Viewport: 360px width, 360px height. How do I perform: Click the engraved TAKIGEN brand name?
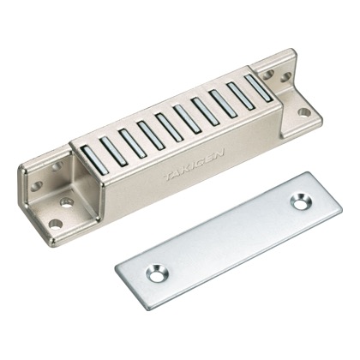click(194, 165)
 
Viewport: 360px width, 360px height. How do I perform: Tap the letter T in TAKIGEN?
click(169, 177)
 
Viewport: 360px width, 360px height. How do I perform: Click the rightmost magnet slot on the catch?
click(259, 87)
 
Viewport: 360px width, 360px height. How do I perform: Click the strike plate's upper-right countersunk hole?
click(300, 202)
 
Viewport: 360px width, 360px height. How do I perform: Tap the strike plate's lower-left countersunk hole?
click(157, 273)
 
